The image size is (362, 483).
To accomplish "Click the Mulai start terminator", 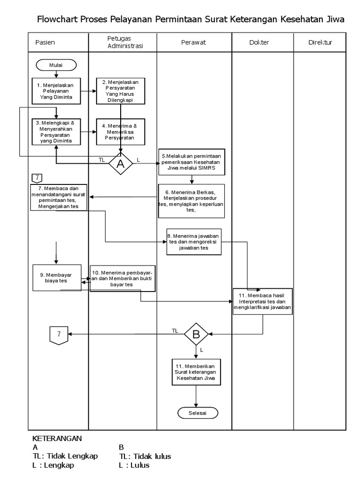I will point(56,65).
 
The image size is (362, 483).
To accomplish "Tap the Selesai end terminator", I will point(198,412).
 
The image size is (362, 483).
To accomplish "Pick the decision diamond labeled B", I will point(196,334).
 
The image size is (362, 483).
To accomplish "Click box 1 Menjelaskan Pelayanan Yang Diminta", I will point(57,90).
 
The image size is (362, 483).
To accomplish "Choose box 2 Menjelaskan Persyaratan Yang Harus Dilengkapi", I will point(121,91).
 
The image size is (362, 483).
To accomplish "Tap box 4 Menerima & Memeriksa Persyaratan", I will point(121,132).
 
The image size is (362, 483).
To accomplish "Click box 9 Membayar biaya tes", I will point(57,277).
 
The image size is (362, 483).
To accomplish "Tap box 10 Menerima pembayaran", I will point(123,278).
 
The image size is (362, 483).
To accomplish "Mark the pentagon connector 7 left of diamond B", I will point(58,334).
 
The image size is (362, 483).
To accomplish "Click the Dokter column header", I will point(259,42).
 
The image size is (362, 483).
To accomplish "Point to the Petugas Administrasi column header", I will point(122,42).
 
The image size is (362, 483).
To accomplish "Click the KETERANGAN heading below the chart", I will point(57,438).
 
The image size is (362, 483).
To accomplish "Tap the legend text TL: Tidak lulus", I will point(145,456).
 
